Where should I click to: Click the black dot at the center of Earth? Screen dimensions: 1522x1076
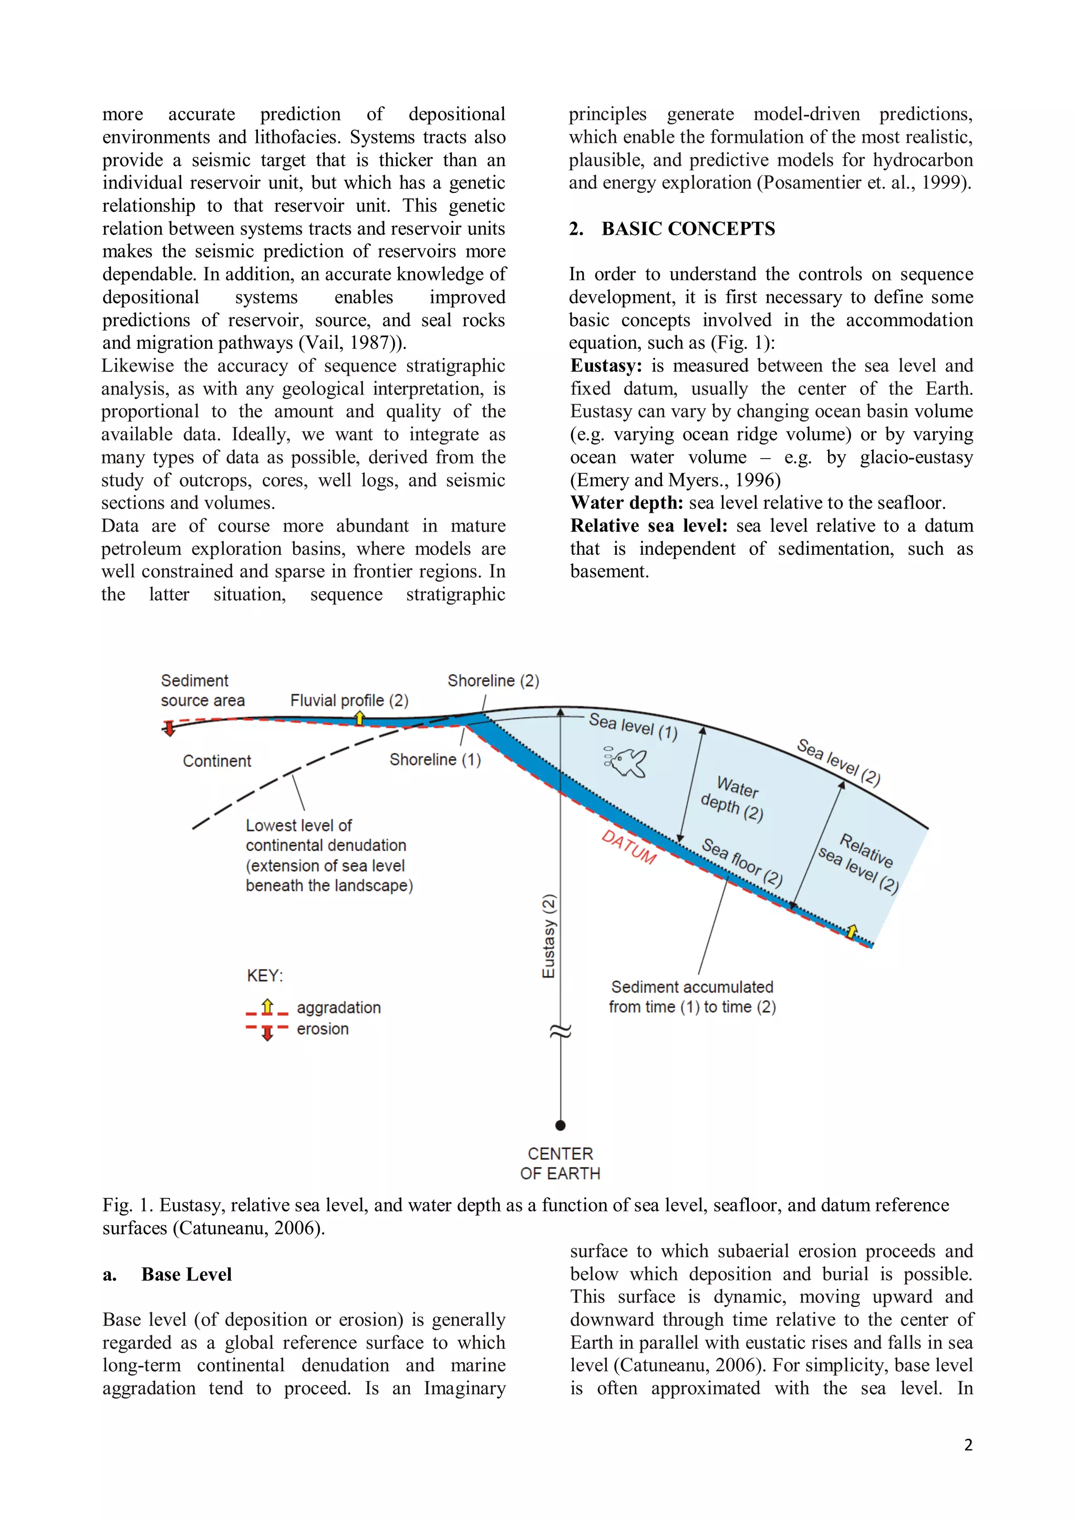point(560,1125)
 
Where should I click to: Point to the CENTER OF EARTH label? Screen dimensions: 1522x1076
point(560,1163)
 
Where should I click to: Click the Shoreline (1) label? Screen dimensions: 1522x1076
point(435,759)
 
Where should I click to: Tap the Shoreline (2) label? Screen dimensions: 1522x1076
point(493,681)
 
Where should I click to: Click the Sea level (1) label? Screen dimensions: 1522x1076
point(633,726)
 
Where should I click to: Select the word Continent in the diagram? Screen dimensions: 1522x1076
point(217,761)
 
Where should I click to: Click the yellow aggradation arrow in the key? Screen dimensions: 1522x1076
point(267,1006)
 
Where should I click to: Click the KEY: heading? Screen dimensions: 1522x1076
point(264,976)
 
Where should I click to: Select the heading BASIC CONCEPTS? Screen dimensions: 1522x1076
point(688,229)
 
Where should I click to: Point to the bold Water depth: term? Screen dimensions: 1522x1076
point(626,503)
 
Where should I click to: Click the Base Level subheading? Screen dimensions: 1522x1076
point(187,1274)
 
